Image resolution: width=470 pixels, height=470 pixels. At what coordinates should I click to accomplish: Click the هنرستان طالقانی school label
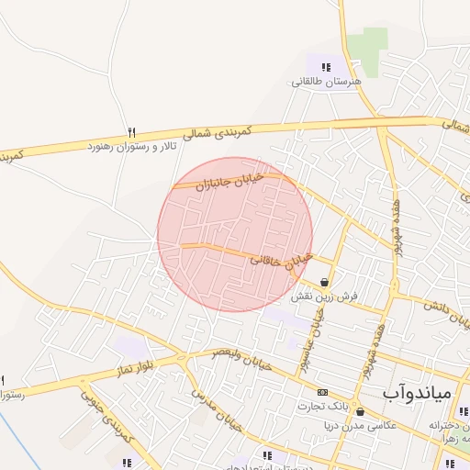[x=328, y=82]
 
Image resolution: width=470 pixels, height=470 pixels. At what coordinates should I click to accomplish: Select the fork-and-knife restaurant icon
[x=131, y=133]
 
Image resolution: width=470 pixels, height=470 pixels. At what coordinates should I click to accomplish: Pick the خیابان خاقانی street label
[x=282, y=261]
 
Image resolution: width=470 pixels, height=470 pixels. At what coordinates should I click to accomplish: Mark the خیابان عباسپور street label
[x=320, y=332]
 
